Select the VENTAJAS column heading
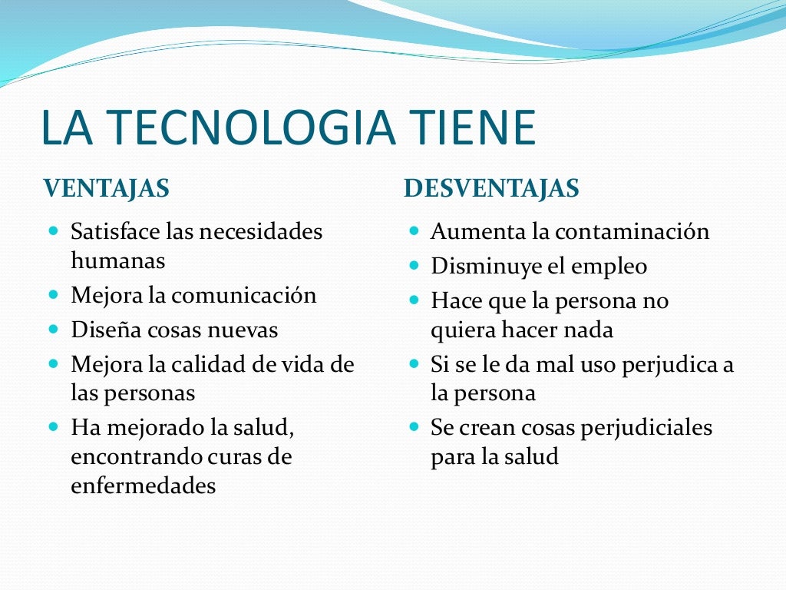pos(106,188)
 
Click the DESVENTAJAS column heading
pos(491,188)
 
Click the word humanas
pos(117,260)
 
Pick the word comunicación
pos(243,295)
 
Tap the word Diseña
pos(98,330)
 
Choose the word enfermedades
pos(143,486)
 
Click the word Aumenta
pos(471,231)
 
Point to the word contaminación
pos(632,231)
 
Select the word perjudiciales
pos(645,427)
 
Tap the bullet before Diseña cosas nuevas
pos(54,329)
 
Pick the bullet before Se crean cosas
pos(414,426)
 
